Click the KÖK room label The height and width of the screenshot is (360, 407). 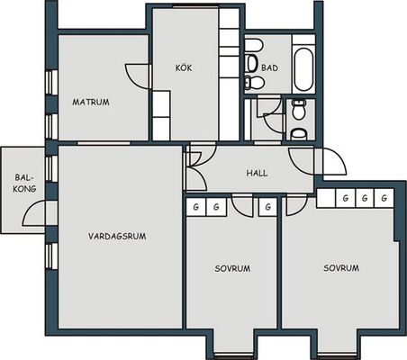coord(184,67)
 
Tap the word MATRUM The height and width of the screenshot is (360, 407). coord(91,102)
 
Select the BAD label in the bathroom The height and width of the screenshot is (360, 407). coord(269,67)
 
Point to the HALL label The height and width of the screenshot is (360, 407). coord(257,173)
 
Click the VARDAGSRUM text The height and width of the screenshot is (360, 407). coord(117,236)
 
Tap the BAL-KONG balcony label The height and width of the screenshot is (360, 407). coord(25,184)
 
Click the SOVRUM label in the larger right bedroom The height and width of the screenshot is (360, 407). coord(341,268)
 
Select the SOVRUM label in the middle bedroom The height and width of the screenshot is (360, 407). coord(232,268)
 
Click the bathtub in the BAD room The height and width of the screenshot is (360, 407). coord(303,69)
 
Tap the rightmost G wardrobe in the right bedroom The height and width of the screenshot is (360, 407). coord(384,198)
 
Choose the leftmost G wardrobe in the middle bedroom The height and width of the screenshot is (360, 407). coord(196,207)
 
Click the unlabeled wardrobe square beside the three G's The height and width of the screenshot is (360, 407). coord(326,198)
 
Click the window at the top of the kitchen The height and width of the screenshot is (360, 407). coord(196,6)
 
